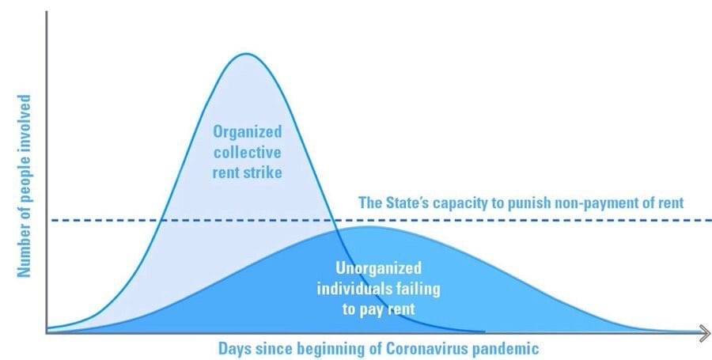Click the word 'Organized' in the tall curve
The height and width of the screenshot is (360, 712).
(248, 132)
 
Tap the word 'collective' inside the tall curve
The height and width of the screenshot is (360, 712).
(248, 152)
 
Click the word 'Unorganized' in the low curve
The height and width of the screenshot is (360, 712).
(378, 268)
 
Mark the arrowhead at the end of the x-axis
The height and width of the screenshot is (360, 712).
(705, 334)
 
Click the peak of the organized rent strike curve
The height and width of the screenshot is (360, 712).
(246, 54)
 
